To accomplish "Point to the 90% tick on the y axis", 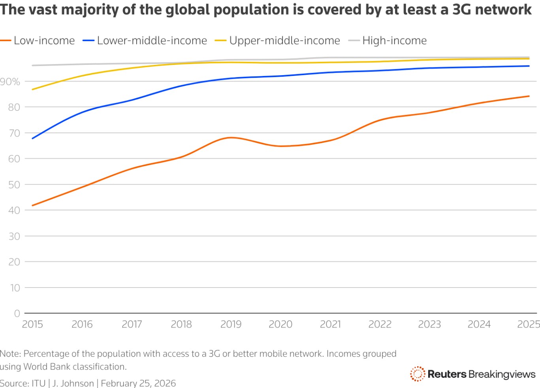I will click(x=10, y=81).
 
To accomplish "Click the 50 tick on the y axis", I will click(x=14, y=185).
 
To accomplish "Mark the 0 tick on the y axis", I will click(x=17, y=313).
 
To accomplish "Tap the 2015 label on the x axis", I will click(x=32, y=324).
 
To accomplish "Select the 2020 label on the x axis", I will click(x=280, y=324).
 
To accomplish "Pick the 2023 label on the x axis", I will click(x=429, y=324).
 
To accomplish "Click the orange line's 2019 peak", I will click(x=231, y=138).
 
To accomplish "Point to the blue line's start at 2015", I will click(x=32, y=138).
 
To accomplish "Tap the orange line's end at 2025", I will click(x=529, y=96).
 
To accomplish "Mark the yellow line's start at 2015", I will click(x=32, y=89).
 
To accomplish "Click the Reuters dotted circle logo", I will click(x=417, y=374).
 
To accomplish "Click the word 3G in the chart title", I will click(x=462, y=9).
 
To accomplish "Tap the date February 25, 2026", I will click(x=138, y=383).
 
